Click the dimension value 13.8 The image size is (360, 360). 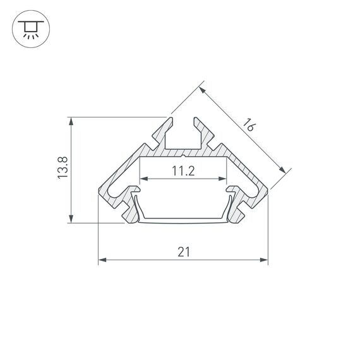62,169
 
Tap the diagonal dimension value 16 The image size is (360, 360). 248,124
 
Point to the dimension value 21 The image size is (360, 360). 183,251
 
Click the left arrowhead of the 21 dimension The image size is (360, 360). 102,260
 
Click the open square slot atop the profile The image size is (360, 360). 183,136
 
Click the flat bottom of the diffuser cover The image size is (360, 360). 183,221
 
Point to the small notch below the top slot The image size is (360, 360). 183,153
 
